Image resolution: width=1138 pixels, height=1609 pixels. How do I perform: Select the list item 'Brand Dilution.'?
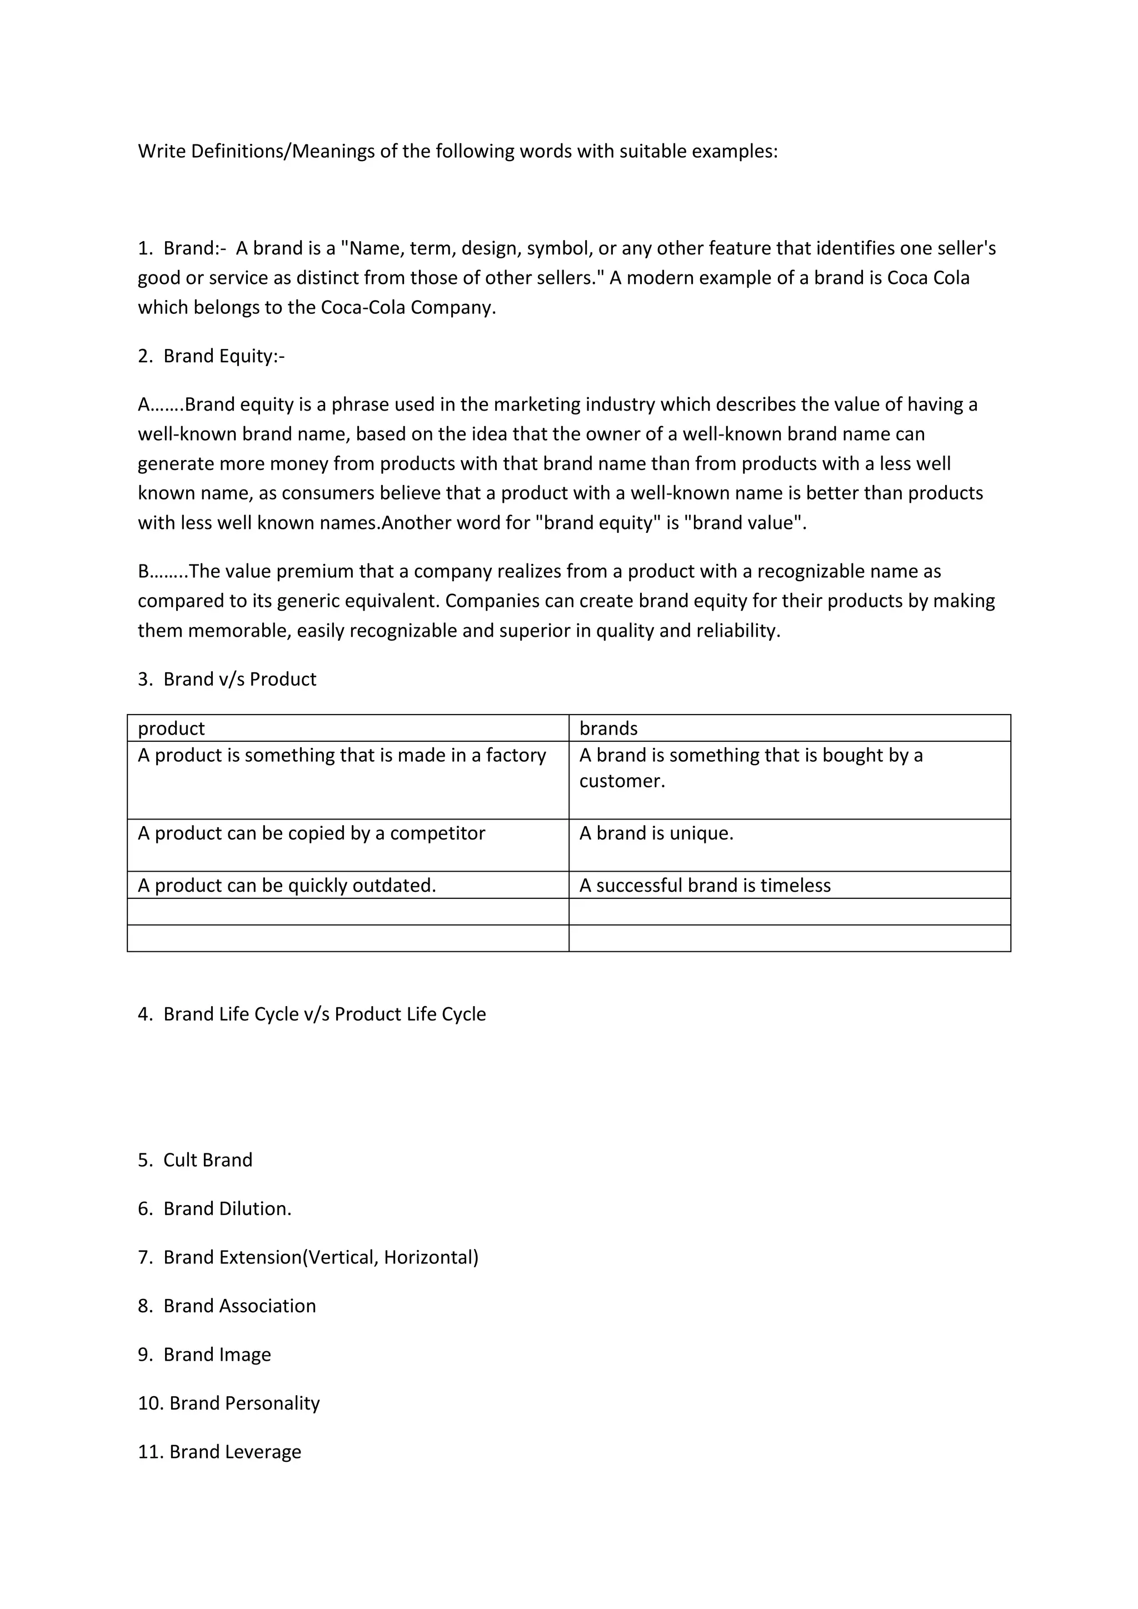[x=227, y=1208]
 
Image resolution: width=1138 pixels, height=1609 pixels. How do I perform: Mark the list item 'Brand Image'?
[x=217, y=1355]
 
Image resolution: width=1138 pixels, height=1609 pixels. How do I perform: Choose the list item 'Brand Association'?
[x=239, y=1306]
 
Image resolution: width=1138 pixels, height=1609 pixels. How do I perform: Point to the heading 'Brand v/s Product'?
[x=239, y=679]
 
